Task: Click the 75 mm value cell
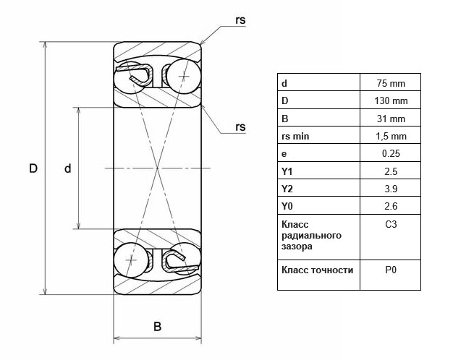pyautogui.click(x=391, y=83)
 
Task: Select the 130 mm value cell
pyautogui.click(x=391, y=100)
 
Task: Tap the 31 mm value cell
pyautogui.click(x=391, y=119)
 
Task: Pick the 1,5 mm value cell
pyautogui.click(x=391, y=136)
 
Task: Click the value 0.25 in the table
pyautogui.click(x=391, y=153)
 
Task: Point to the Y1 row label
pyautogui.click(x=287, y=171)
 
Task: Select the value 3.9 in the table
pyautogui.click(x=391, y=189)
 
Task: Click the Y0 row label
pyautogui.click(x=287, y=207)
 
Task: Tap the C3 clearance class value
pyautogui.click(x=391, y=225)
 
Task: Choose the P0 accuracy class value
pyautogui.click(x=391, y=270)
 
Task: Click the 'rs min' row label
pyautogui.click(x=295, y=136)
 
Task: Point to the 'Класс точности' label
pyautogui.click(x=317, y=270)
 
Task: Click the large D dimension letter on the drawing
pyautogui.click(x=33, y=168)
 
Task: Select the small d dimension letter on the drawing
pyautogui.click(x=67, y=168)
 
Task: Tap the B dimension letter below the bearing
pyautogui.click(x=157, y=326)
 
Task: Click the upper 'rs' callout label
pyautogui.click(x=240, y=20)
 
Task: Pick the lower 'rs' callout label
pyautogui.click(x=240, y=127)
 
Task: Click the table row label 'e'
pyautogui.click(x=284, y=153)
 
